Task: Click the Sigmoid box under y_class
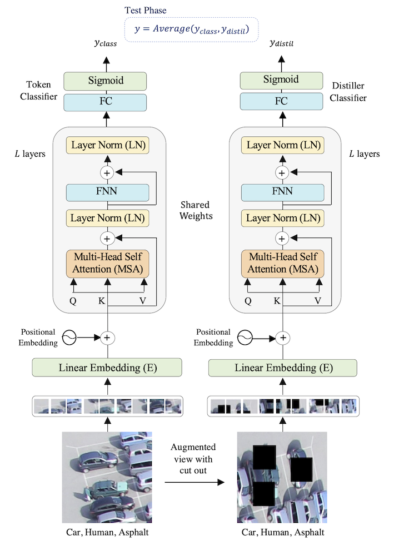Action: (106, 81)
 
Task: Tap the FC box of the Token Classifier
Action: (106, 102)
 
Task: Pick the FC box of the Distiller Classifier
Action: (281, 102)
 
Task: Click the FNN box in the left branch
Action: (108, 193)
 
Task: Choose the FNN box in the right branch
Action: (282, 193)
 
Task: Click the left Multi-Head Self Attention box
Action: (108, 264)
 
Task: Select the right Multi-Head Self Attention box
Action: (282, 264)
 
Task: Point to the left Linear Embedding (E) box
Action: (107, 368)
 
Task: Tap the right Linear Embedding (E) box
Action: (282, 368)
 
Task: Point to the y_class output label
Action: (105, 43)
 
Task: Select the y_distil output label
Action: (281, 43)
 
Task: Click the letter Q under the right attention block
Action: (248, 301)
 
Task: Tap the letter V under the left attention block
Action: (143, 301)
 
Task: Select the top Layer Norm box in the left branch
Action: (108, 146)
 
